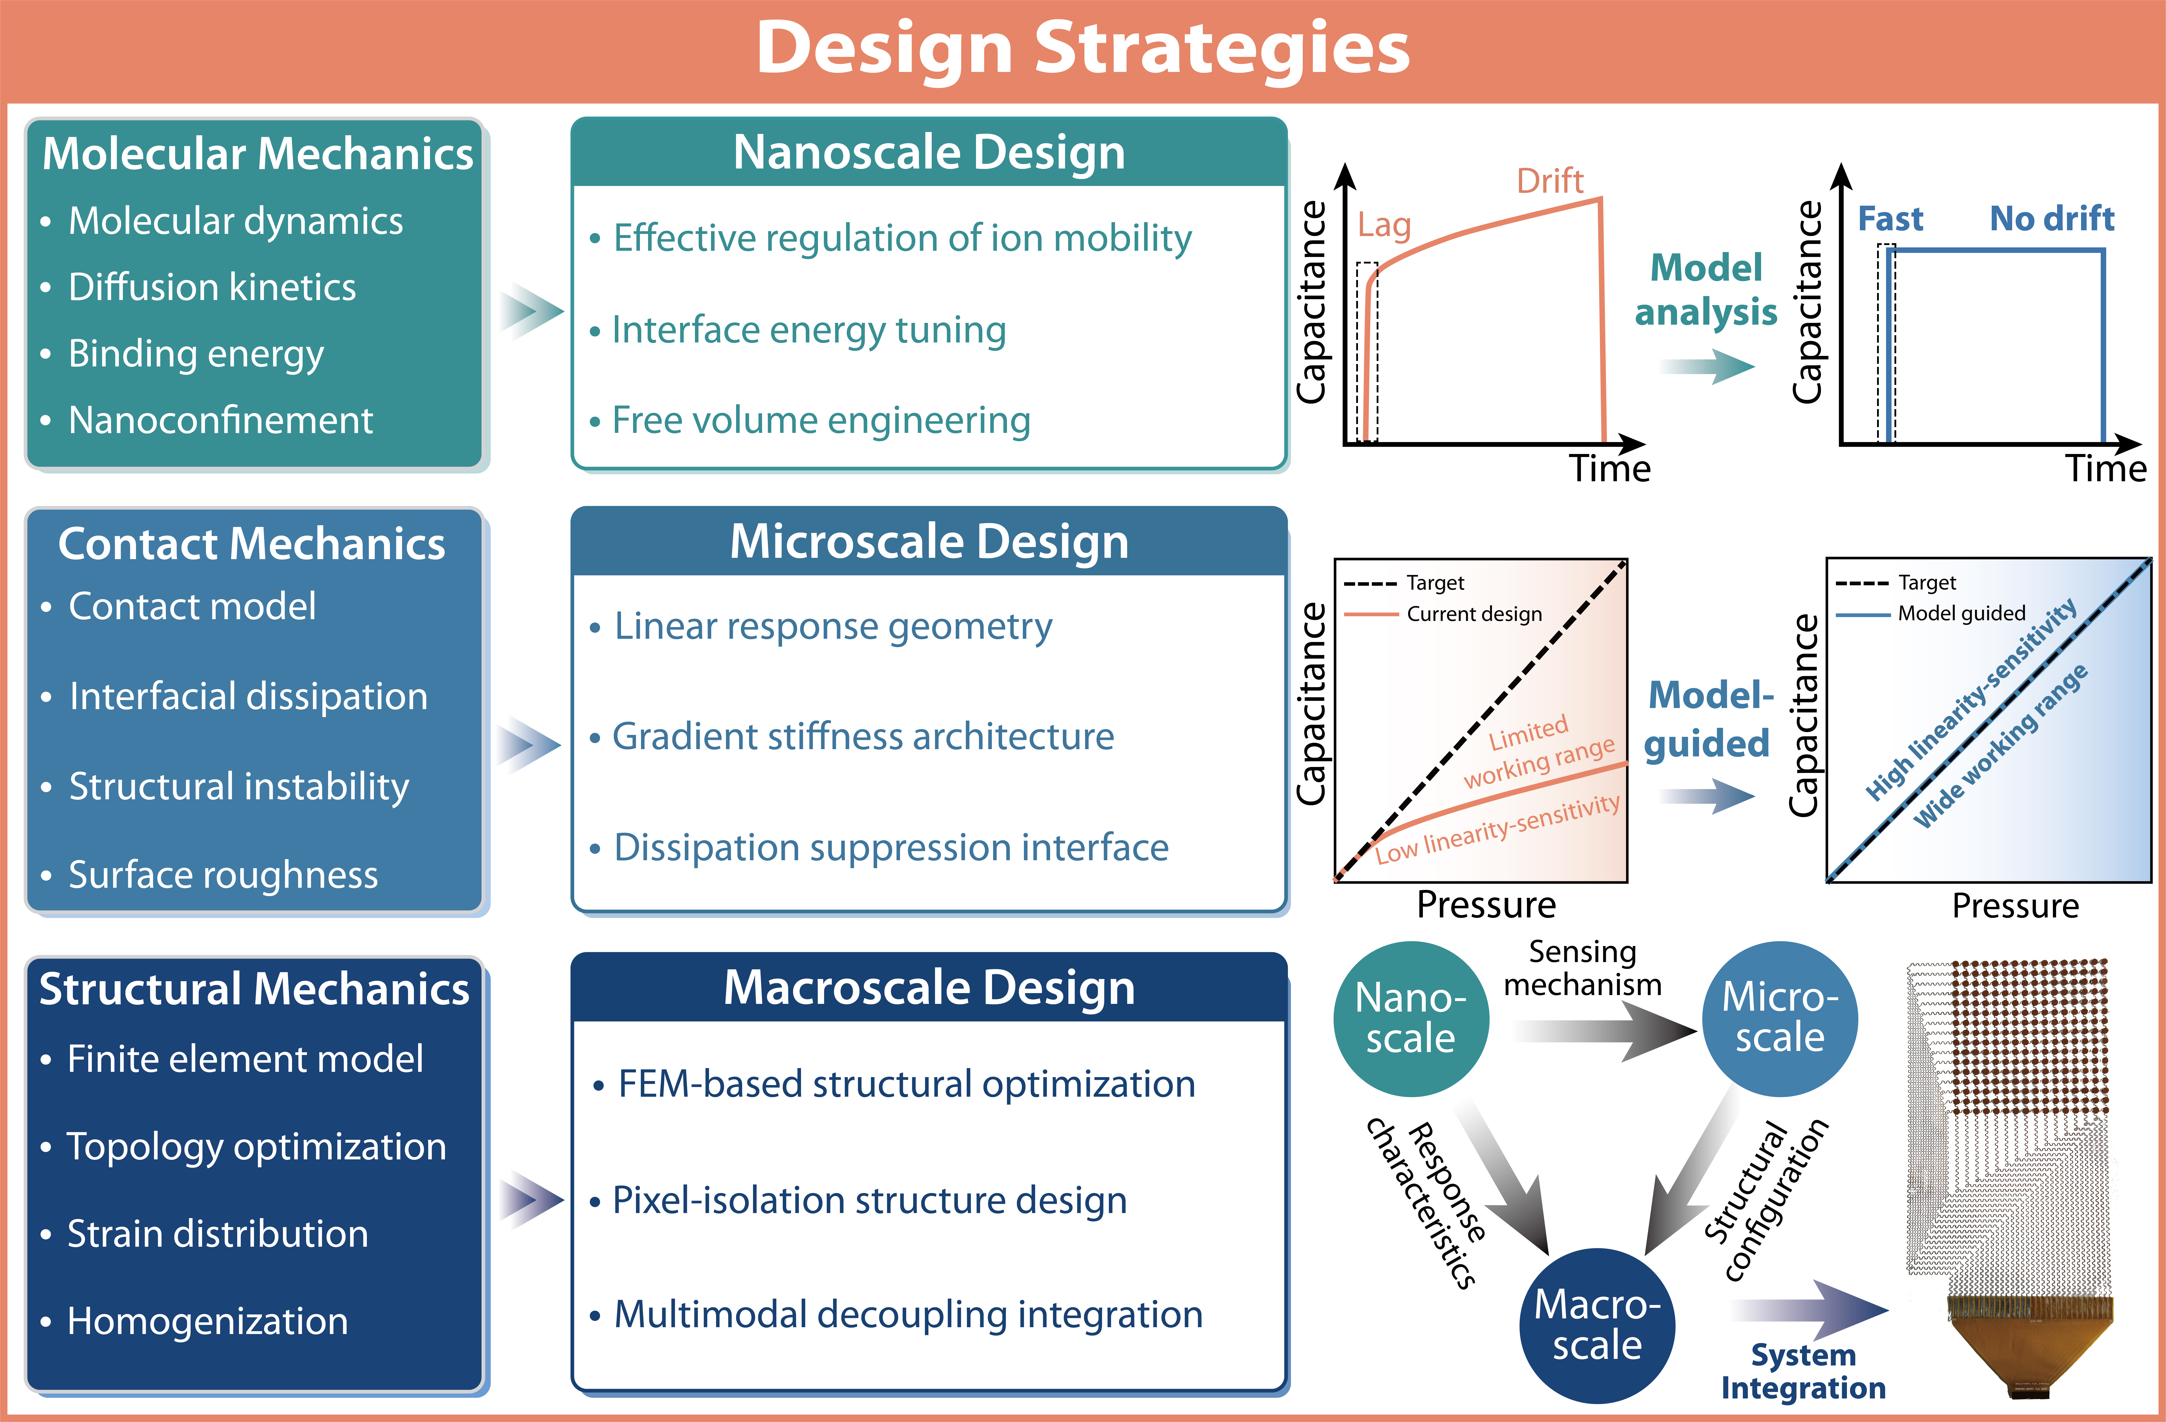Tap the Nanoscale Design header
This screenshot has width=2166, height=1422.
click(928, 152)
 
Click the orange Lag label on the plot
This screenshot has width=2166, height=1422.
click(1383, 225)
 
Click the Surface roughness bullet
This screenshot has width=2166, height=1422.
click(223, 874)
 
